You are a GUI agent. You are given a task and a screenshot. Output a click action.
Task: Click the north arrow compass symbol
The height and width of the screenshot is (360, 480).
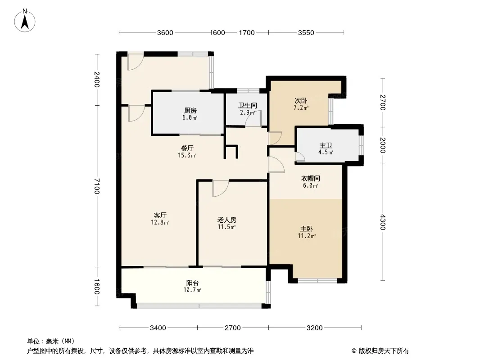25,21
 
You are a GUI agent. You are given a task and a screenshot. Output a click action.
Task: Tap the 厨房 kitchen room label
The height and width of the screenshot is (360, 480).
190,110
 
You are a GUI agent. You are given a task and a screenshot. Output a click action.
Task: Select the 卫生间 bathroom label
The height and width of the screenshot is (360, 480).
248,105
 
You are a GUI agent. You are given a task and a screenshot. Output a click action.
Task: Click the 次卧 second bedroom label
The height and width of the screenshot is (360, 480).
301,101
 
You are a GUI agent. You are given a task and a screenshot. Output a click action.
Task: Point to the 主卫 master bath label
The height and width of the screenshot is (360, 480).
326,145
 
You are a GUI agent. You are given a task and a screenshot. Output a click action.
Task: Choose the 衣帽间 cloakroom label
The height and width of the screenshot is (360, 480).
310,178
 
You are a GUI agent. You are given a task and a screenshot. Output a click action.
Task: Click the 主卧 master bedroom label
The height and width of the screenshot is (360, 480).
307,229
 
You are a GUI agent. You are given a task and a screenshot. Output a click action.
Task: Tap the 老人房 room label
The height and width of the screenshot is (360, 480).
226,220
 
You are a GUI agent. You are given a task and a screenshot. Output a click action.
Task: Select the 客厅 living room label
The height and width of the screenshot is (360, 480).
160,216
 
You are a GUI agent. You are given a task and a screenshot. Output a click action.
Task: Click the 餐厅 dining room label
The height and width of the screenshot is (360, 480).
187,148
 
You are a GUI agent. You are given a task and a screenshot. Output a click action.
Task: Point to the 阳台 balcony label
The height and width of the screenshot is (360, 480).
192,283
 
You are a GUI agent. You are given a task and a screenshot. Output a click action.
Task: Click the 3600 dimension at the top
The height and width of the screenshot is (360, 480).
165,33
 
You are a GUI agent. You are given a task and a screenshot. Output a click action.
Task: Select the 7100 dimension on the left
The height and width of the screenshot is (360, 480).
97,186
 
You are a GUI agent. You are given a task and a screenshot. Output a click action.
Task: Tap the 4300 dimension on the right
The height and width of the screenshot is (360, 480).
383,222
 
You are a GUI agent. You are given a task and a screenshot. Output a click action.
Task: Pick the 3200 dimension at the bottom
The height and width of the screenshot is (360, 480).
315,328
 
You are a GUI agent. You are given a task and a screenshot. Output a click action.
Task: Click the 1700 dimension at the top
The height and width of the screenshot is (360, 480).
247,33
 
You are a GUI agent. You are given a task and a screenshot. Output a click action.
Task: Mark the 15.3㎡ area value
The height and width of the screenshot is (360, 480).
187,155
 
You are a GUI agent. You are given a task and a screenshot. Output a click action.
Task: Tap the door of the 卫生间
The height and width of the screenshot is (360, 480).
254,119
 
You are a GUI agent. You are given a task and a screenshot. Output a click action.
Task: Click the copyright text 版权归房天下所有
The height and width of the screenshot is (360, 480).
384,351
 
